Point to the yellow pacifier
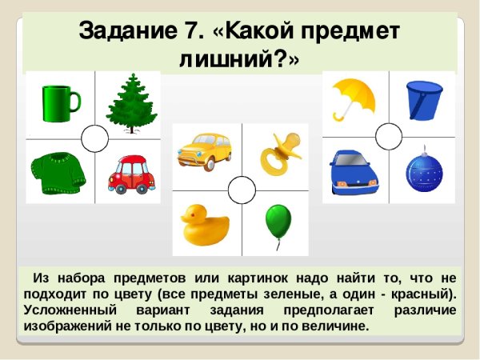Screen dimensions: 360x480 point(278,150)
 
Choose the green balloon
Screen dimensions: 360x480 point(277,219)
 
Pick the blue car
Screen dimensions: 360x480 point(354,170)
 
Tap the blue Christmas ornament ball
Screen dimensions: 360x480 point(423,170)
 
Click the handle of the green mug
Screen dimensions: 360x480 point(74,102)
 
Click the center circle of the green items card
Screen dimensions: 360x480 point(94,138)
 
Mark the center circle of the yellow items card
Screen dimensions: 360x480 point(240,190)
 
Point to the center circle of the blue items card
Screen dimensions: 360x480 point(389,136)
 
